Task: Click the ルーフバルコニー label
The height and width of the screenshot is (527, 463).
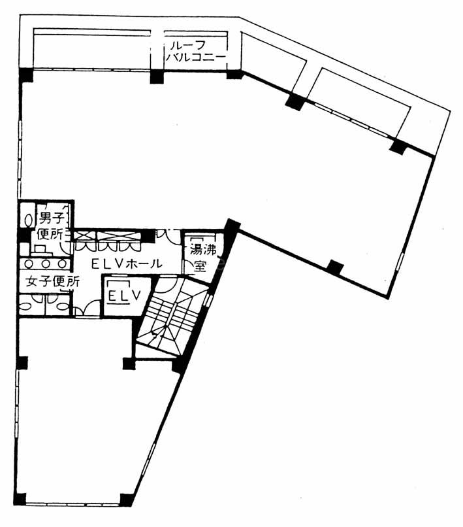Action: [x=196, y=51]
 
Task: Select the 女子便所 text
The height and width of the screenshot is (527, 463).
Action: [x=52, y=282]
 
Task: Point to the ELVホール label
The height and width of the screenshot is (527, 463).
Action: [x=127, y=264]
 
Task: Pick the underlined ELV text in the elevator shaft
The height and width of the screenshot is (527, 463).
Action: [x=124, y=296]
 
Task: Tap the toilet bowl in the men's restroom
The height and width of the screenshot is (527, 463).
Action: [x=29, y=220]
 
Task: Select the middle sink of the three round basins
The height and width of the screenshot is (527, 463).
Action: [x=46, y=264]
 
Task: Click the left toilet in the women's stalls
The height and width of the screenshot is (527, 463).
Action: [x=26, y=306]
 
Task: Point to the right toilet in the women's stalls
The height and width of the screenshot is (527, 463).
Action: [x=63, y=306]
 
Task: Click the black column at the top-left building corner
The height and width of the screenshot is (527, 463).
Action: [x=25, y=75]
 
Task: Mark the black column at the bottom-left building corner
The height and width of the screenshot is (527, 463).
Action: [x=20, y=499]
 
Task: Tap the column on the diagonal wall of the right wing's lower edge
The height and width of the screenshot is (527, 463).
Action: [x=335, y=267]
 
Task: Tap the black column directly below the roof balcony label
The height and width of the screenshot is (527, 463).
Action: [x=157, y=76]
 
